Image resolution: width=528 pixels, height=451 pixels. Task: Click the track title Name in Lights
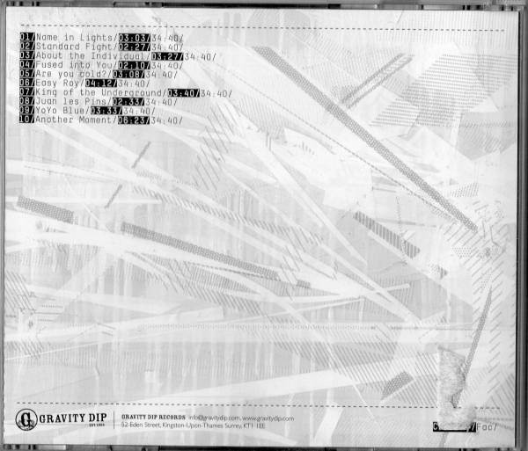pyautogui.click(x=75, y=39)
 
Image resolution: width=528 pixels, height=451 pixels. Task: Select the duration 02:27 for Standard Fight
pyautogui.click(x=146, y=47)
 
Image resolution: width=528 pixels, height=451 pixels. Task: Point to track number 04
pyautogui.click(x=25, y=66)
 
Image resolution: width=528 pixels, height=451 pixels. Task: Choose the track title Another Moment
pyautogui.click(x=75, y=120)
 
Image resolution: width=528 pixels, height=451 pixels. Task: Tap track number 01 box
pyautogui.click(x=25, y=39)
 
